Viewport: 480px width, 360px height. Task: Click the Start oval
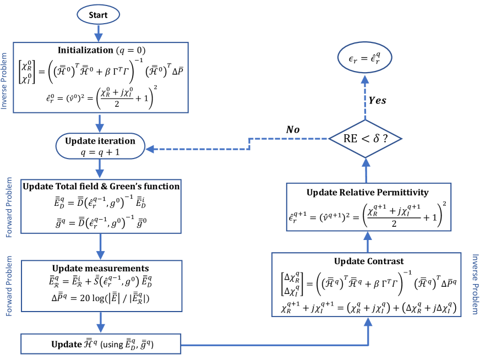98,15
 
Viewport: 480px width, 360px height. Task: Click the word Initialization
85,50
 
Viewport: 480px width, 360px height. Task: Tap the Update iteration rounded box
100,146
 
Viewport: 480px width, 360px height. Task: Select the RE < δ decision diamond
365,139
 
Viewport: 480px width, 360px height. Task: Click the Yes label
377,100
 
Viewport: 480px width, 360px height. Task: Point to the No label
293,129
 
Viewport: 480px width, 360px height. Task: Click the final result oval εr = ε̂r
364,58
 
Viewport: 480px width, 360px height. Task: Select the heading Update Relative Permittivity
367,193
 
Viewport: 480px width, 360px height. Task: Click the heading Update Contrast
369,261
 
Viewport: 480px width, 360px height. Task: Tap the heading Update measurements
100,268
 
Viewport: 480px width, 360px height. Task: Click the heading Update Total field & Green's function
101,187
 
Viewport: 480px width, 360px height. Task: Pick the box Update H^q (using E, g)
101,344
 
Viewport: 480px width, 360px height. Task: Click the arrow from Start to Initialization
99,33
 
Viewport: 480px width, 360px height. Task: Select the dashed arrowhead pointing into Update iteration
150,149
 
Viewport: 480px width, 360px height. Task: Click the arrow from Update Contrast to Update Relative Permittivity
368,242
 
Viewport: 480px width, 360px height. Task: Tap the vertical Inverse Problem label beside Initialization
4,81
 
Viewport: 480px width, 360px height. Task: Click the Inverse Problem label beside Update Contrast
475,284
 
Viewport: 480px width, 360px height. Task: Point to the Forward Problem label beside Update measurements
9,286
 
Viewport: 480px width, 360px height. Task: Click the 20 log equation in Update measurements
100,298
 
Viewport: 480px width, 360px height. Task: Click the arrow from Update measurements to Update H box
100,323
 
